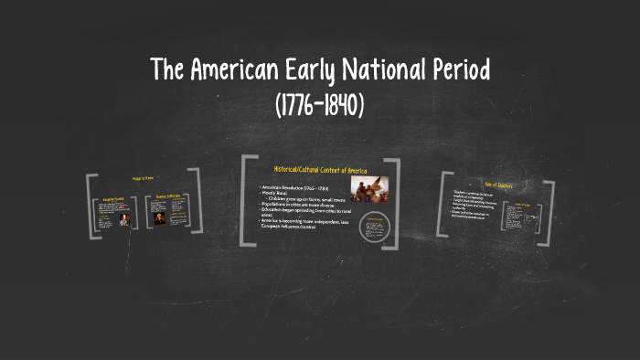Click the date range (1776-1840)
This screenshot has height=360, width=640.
coord(320,105)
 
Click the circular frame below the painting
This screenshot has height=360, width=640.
coord(374,228)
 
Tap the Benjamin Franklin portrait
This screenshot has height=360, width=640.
coord(124,220)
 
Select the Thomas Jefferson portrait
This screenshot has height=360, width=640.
coord(160,217)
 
